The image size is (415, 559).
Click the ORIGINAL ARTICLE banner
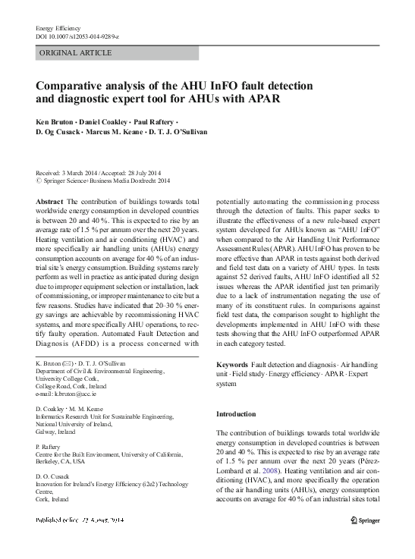point(75,53)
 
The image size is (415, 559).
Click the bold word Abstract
point(50,201)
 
